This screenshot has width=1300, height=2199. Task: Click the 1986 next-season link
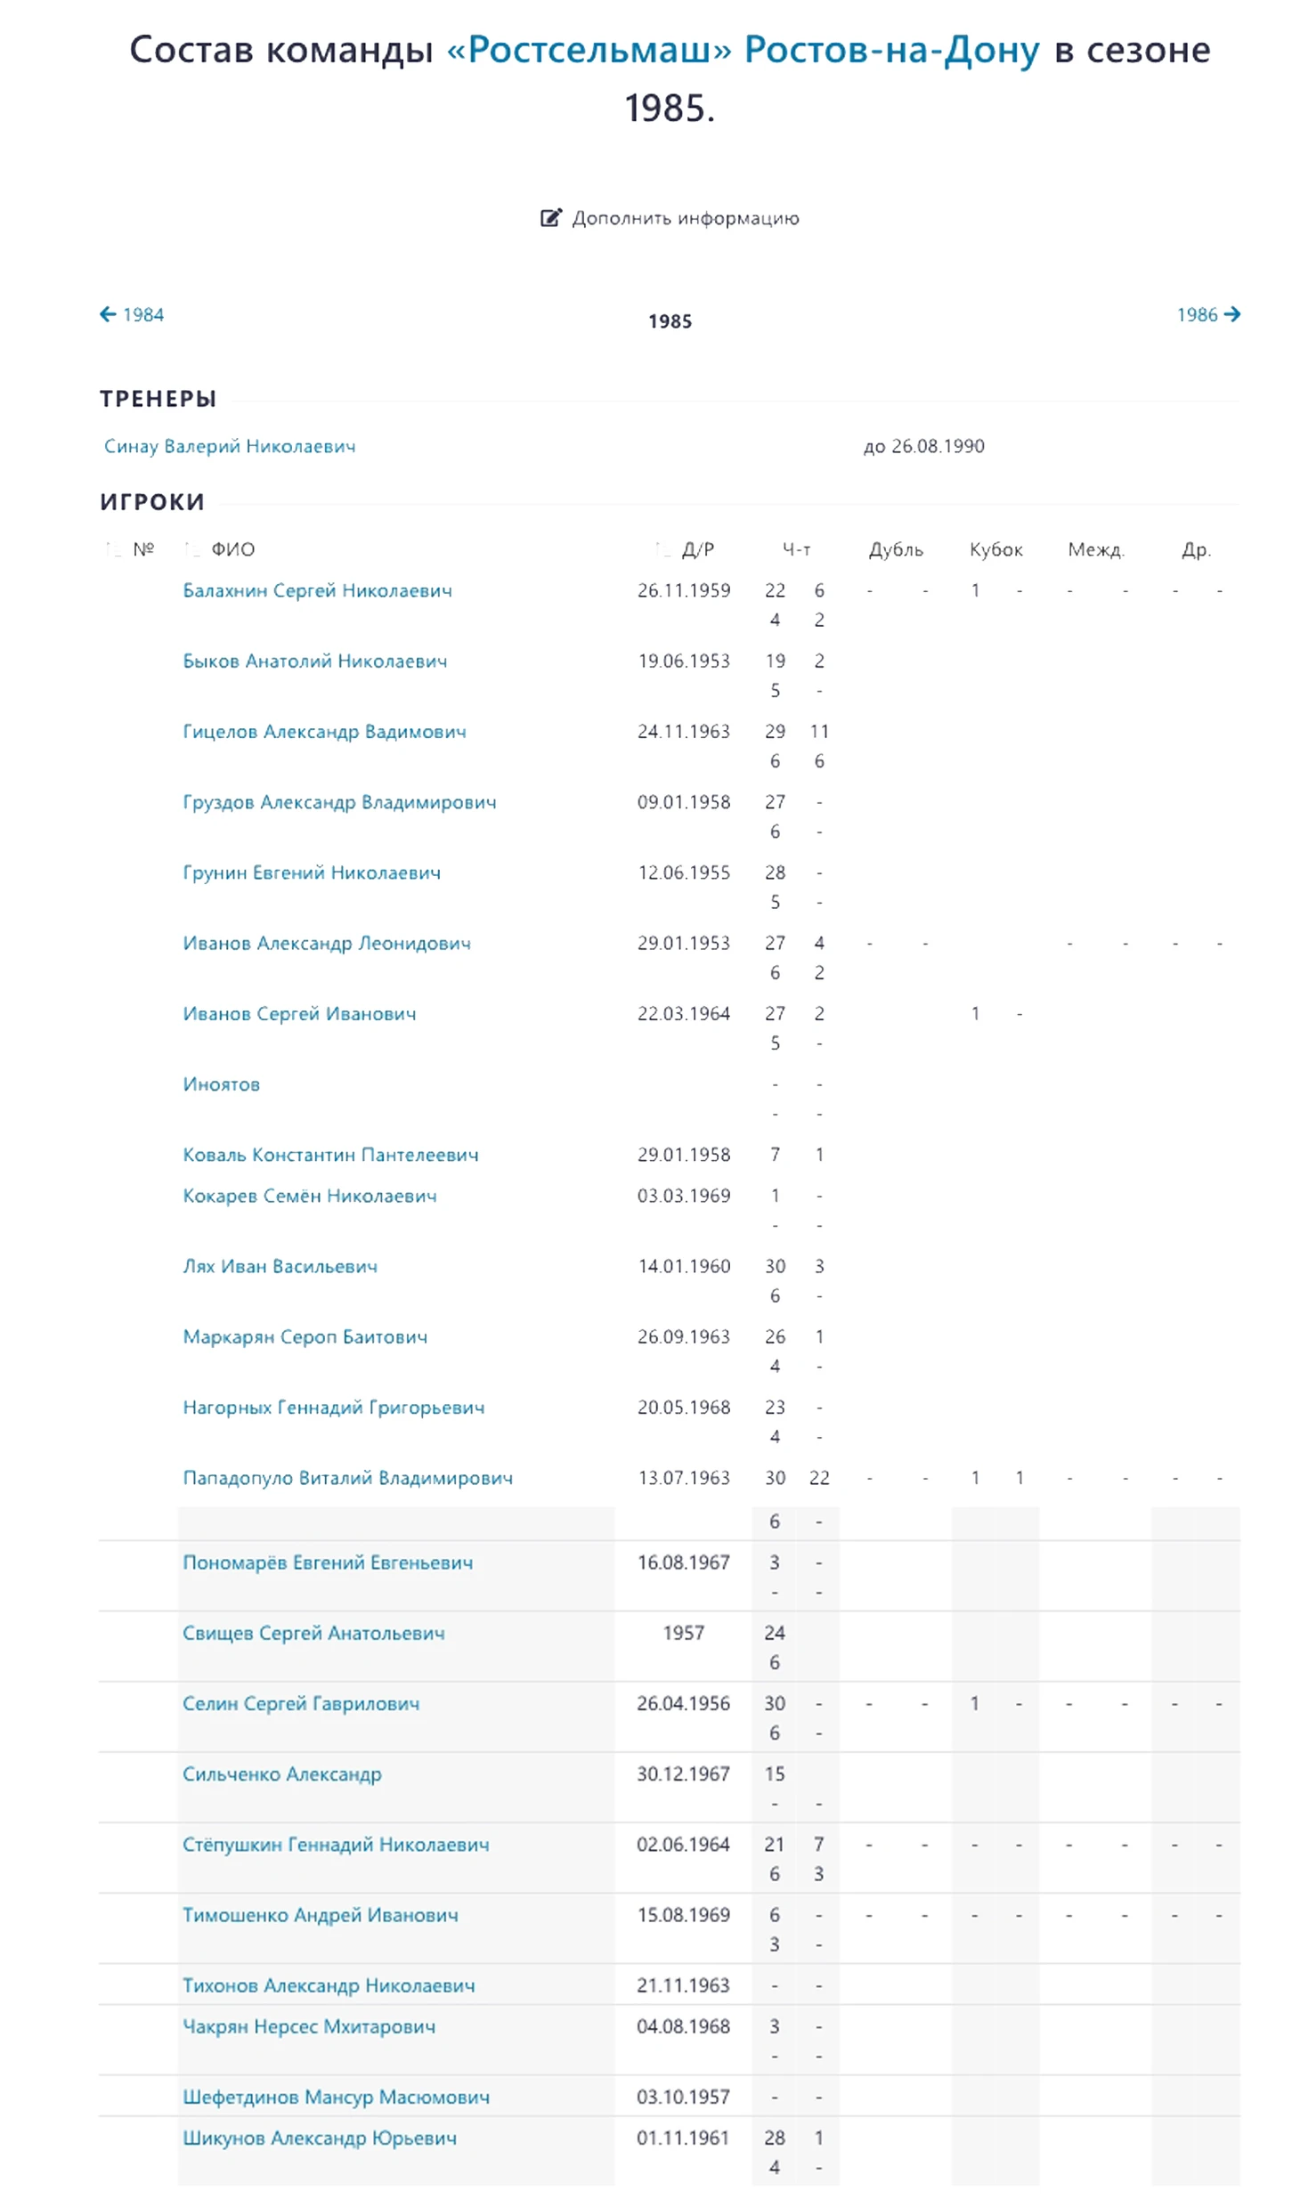click(x=1207, y=314)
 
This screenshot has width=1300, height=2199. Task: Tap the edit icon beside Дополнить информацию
click(x=550, y=218)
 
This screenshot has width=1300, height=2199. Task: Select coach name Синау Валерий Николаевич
click(x=230, y=446)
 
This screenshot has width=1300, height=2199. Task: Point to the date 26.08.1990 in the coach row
click(x=937, y=446)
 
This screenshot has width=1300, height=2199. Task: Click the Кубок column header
click(x=995, y=549)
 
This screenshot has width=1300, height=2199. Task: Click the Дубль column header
click(x=895, y=549)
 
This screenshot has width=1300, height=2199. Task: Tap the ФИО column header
click(x=232, y=549)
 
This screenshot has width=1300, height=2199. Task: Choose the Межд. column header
click(x=1095, y=549)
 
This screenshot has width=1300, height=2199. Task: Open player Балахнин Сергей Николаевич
click(x=317, y=590)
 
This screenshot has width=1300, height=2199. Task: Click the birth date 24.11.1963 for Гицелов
click(x=683, y=731)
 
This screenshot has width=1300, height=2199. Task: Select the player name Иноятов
click(x=221, y=1083)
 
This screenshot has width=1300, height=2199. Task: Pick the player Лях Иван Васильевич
click(x=280, y=1266)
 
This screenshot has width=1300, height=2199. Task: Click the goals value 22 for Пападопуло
click(x=818, y=1478)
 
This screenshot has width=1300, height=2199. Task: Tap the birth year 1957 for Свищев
click(x=683, y=1633)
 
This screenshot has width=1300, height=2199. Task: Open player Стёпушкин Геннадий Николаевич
click(x=336, y=1845)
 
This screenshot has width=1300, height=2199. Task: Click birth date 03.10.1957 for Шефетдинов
click(x=683, y=2097)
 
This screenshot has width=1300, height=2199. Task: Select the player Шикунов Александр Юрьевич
click(x=319, y=2138)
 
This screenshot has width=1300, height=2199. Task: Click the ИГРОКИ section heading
click(x=152, y=502)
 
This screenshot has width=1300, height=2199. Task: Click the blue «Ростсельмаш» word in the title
click(x=589, y=50)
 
